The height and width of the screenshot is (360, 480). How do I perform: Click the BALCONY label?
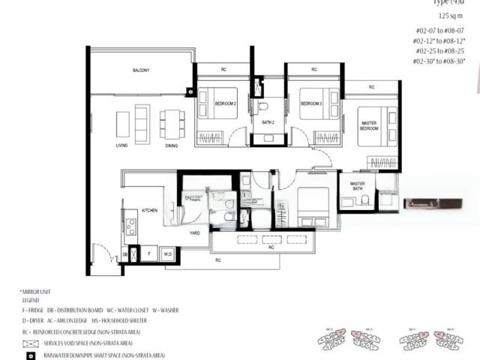click(x=141, y=70)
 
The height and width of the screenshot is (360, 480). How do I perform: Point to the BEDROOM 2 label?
click(x=226, y=103)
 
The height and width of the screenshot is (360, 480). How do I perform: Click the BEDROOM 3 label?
click(x=311, y=103)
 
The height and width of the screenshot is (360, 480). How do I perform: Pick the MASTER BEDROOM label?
click(x=368, y=125)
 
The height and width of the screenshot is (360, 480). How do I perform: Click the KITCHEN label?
click(x=149, y=211)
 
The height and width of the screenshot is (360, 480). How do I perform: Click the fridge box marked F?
click(x=149, y=254)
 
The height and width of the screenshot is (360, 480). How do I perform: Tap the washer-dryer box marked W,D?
click(x=168, y=254)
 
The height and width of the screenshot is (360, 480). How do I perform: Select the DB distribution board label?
click(x=124, y=254)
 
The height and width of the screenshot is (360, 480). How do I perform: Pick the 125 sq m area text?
click(x=451, y=16)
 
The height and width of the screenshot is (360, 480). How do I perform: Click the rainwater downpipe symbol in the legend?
click(x=31, y=355)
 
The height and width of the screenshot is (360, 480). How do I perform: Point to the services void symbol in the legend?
click(x=31, y=343)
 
